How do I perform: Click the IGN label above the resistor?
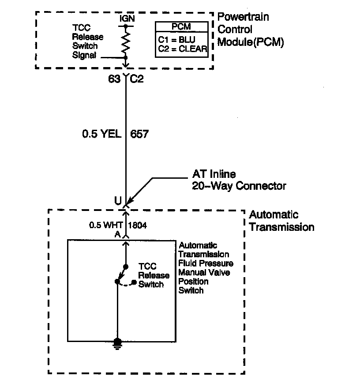tap(127, 19)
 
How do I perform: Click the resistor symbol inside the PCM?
tap(127, 42)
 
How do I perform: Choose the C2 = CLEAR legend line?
tap(182, 49)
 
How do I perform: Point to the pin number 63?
tap(114, 80)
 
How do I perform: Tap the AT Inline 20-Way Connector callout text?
tap(239, 180)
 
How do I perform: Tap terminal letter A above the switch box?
tap(117, 235)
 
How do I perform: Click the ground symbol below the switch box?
tap(117, 344)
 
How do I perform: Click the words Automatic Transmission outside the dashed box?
tap(281, 221)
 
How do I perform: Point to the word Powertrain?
tap(244, 18)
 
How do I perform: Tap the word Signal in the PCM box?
tap(84, 55)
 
